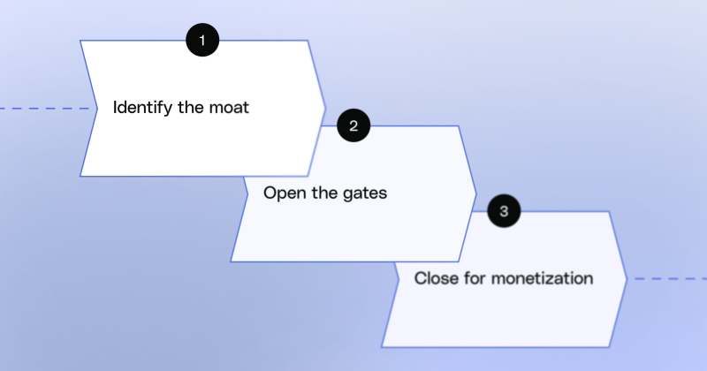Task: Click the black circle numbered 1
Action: pyautogui.click(x=202, y=41)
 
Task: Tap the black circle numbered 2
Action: pyautogui.click(x=353, y=125)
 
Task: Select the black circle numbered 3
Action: pyautogui.click(x=504, y=211)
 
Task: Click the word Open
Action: pyautogui.click(x=283, y=193)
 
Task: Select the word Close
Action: pyautogui.click(x=434, y=278)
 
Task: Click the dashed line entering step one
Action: pyautogui.click(x=44, y=109)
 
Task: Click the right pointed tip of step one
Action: pyautogui.click(x=325, y=108)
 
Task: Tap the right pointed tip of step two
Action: pyautogui.click(x=476, y=193)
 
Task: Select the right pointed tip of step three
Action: pyautogui.click(x=627, y=279)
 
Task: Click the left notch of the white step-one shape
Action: pyautogui.click(x=95, y=109)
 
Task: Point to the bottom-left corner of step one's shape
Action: pyautogui.click(x=81, y=175)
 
